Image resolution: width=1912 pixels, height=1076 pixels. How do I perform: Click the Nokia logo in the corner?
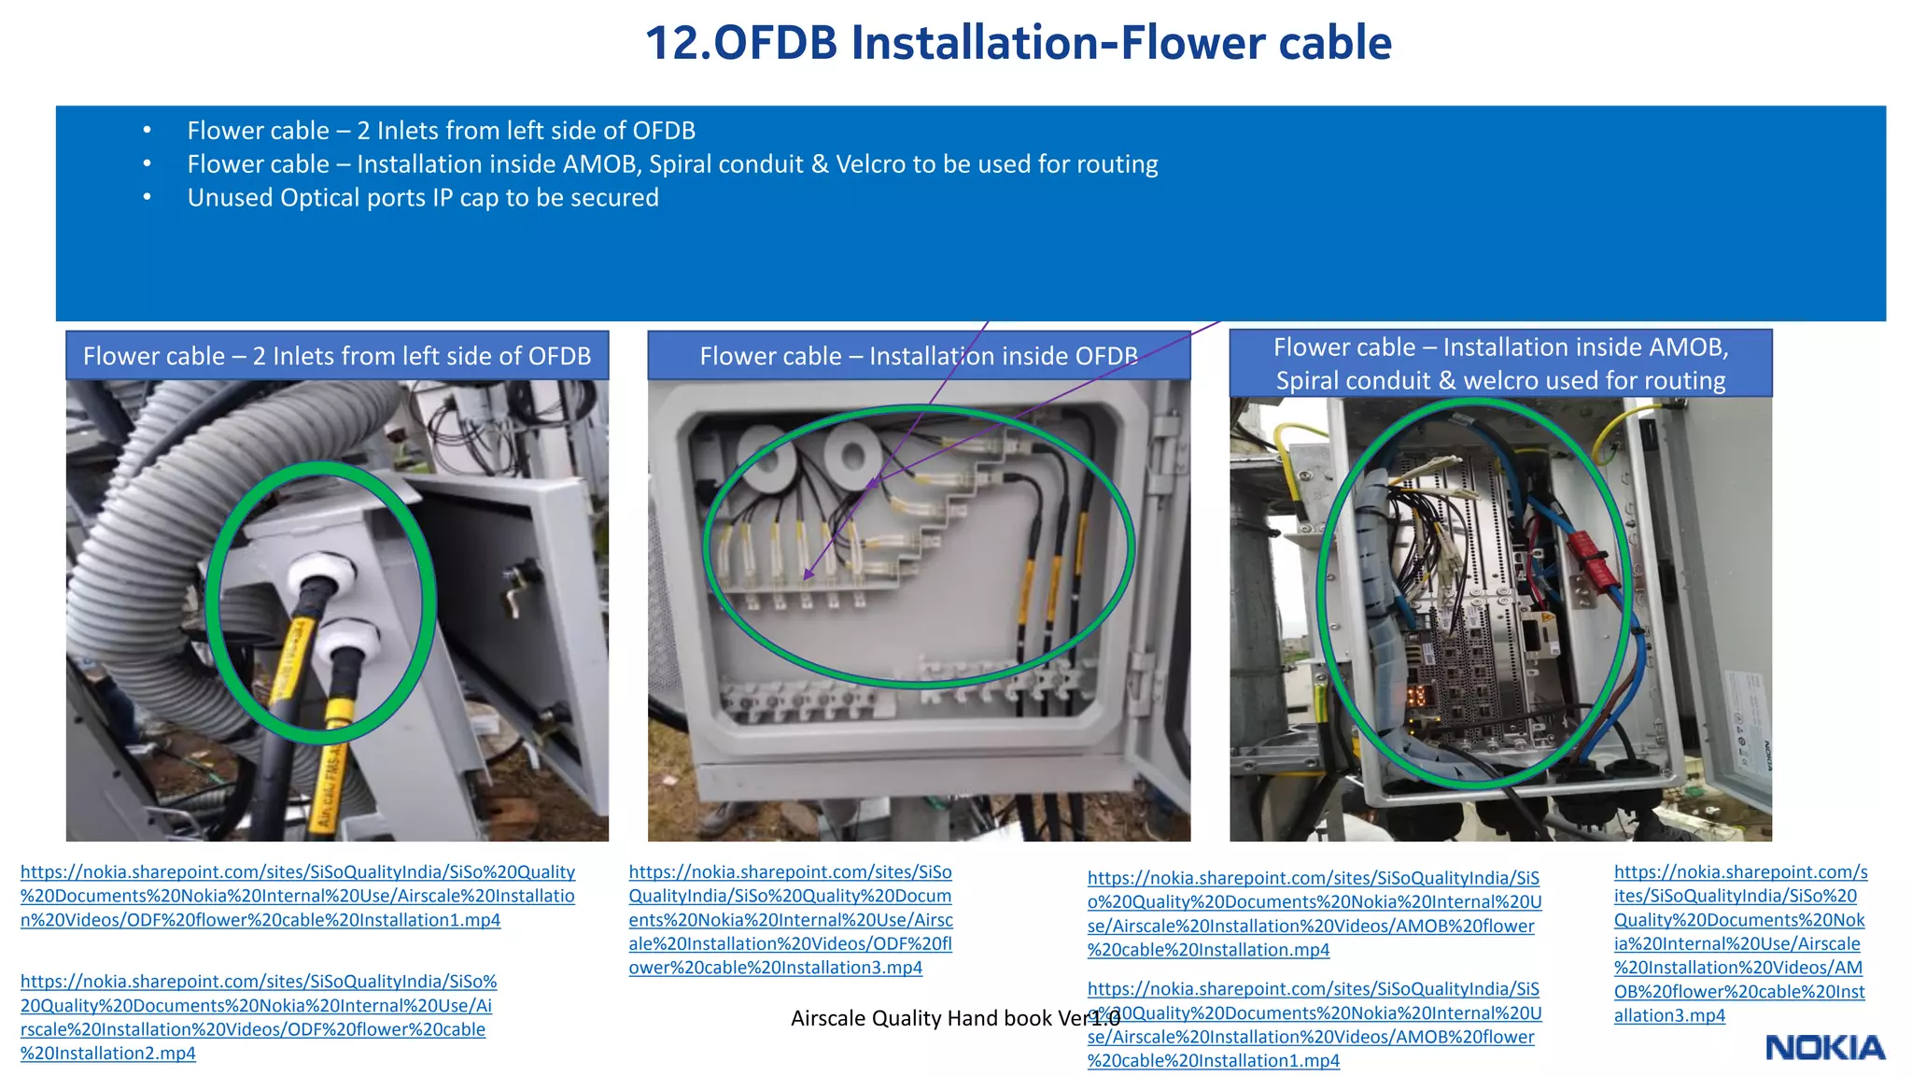tap(1824, 1048)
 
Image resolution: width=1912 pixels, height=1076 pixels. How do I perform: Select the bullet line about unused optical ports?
tap(422, 198)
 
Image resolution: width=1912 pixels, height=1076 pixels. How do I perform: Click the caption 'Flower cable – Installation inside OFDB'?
tap(919, 356)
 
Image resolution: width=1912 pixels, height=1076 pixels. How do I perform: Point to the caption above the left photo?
tap(337, 356)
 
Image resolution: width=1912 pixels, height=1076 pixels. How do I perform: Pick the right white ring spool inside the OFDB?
tap(852, 455)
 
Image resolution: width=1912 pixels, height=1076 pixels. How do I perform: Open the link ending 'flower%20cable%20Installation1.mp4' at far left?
tap(297, 896)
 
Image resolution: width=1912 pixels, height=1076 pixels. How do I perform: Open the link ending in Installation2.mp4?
tap(257, 1017)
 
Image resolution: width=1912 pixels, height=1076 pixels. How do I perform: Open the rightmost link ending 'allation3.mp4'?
tap(1739, 943)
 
